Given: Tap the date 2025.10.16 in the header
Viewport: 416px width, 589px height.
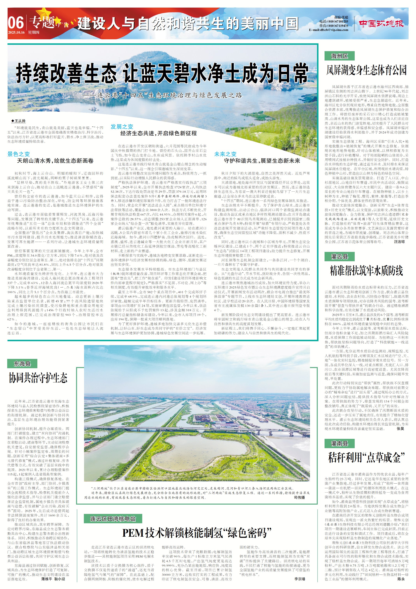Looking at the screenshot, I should [x=16, y=32].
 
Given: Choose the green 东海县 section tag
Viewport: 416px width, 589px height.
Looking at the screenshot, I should [x=22, y=364].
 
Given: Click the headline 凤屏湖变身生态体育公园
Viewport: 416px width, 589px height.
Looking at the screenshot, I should [x=366, y=70].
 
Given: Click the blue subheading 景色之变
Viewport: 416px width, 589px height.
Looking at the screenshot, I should [x=18, y=154].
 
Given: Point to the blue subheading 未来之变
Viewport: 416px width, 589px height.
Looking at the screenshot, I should [x=225, y=154].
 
